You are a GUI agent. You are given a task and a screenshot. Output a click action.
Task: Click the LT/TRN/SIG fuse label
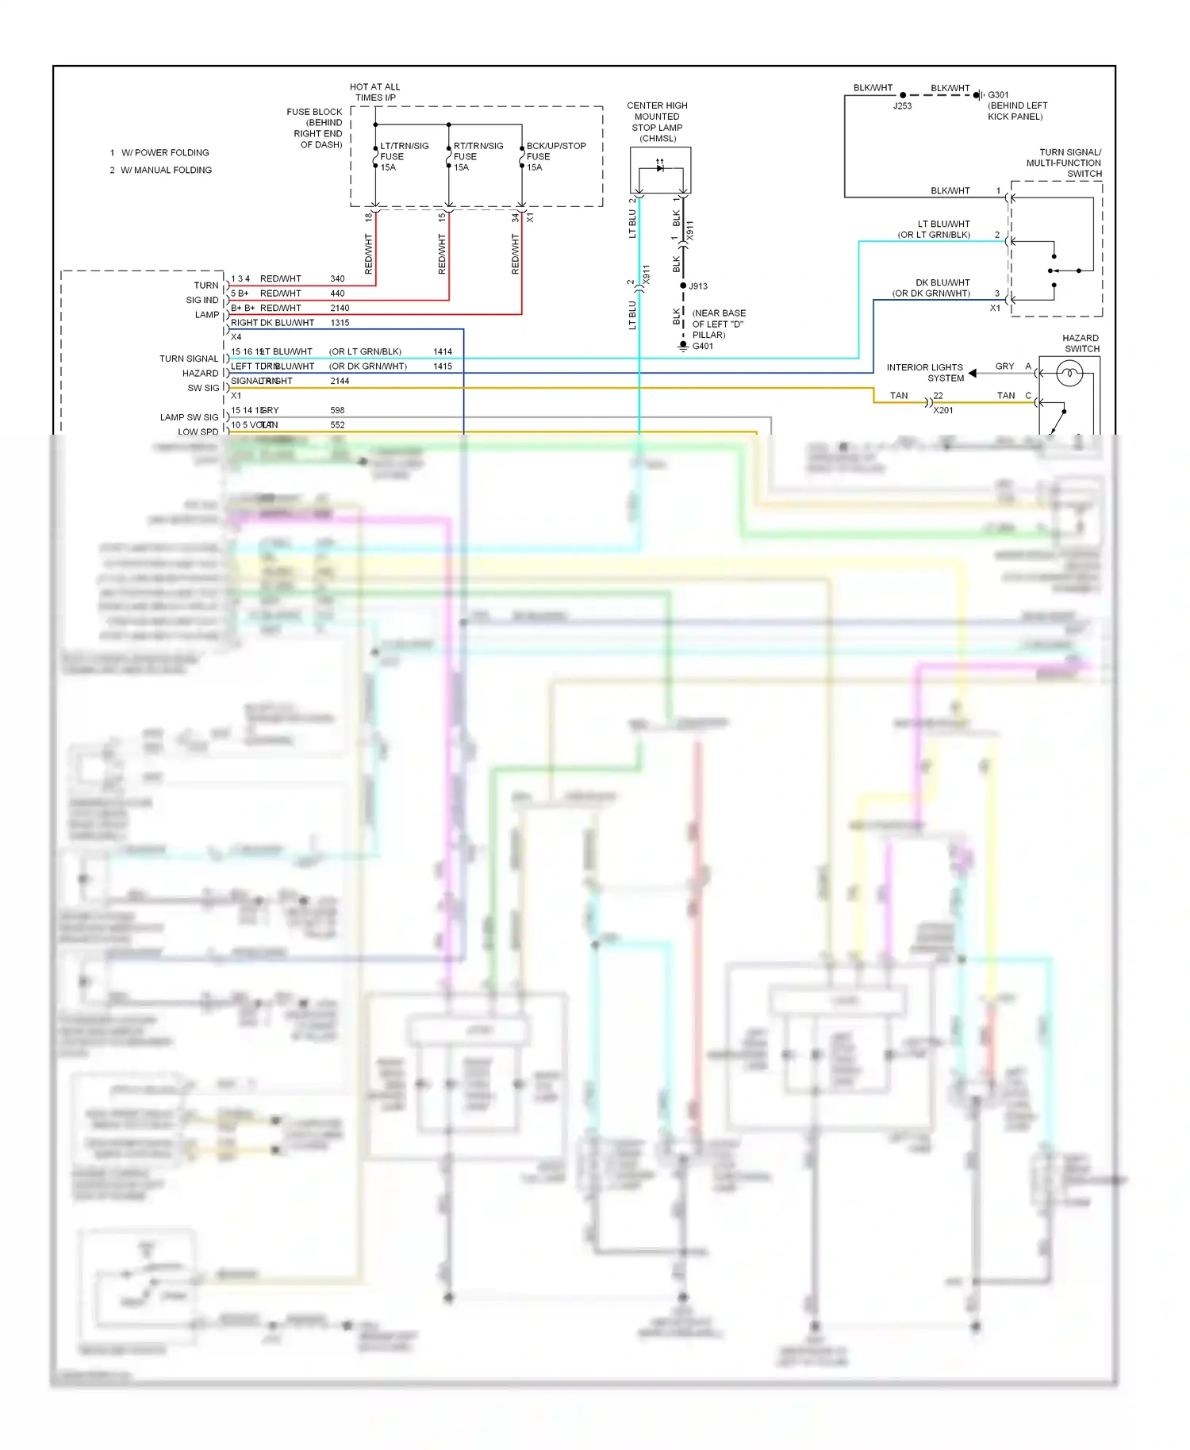coord(404,156)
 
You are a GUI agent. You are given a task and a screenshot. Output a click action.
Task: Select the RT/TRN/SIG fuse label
coord(478,156)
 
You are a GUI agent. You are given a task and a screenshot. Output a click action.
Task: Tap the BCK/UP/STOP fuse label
coord(555,156)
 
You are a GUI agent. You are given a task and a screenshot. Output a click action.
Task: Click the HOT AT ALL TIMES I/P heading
coord(375,92)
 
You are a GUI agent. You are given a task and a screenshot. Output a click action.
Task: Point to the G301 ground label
coord(998,94)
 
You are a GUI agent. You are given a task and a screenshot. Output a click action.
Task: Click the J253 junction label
coord(902,105)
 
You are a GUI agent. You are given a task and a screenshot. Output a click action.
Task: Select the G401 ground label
coord(702,346)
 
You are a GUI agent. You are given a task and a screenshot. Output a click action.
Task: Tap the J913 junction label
coord(698,286)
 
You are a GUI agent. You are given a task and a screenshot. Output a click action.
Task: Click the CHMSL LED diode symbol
coord(660,167)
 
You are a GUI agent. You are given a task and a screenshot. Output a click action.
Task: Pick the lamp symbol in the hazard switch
coord(1069,373)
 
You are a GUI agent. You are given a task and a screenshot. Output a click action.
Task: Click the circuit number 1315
coord(340,323)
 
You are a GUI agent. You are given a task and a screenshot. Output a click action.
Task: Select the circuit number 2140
coord(340,308)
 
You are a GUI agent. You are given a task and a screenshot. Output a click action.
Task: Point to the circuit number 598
coord(337,410)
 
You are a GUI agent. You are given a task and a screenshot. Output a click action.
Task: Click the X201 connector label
coord(943,410)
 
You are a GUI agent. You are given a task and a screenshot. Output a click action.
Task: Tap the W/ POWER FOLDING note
coord(165,152)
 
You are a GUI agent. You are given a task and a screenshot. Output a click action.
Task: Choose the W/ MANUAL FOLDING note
coord(166,170)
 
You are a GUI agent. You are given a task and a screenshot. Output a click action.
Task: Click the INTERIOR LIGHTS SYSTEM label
coord(925,373)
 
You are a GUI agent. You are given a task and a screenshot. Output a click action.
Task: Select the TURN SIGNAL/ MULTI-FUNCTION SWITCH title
coord(1064,163)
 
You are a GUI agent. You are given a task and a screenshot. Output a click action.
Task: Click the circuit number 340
coord(337,278)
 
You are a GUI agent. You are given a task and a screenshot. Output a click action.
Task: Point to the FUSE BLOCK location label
coord(315,129)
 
